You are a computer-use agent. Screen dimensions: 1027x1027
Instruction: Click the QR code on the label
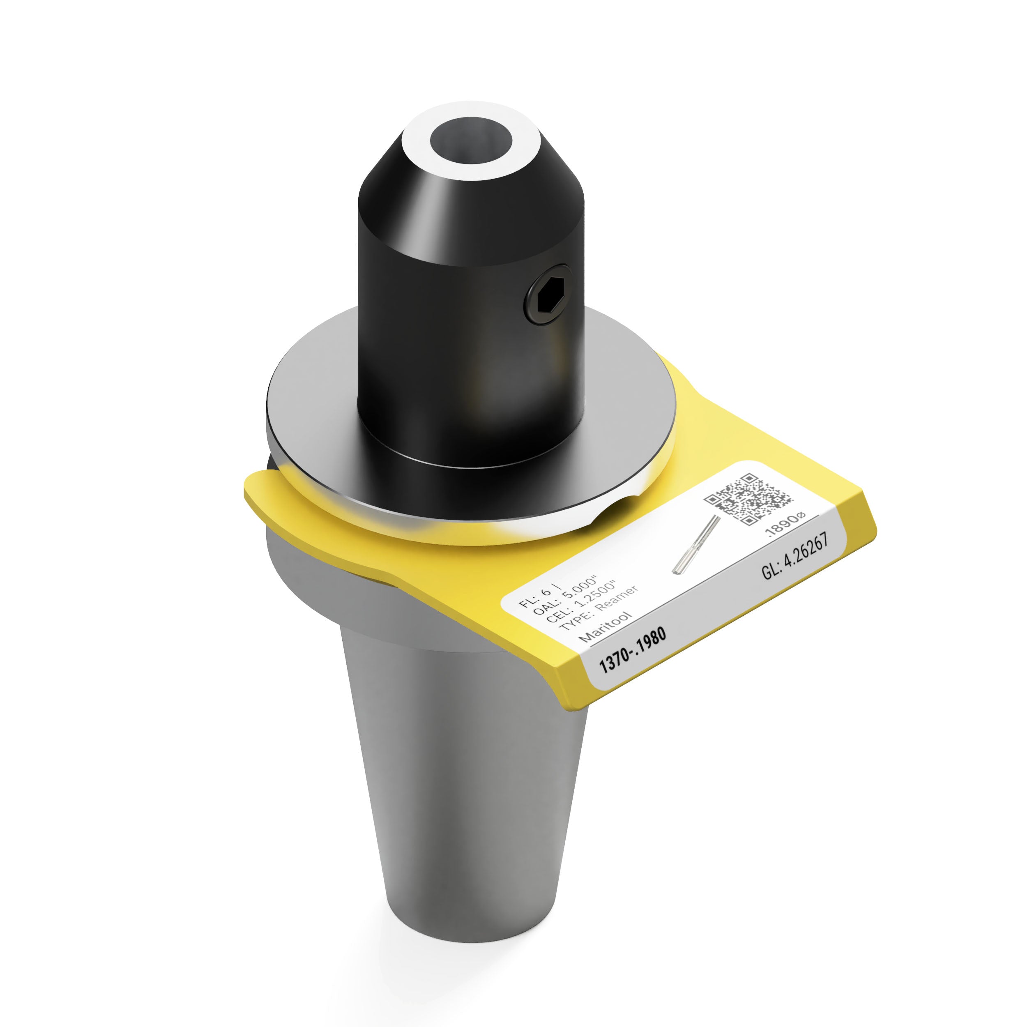(748, 499)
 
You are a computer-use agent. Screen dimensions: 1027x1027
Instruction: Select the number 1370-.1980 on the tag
(632, 649)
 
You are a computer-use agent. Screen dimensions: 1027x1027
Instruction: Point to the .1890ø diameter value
(786, 524)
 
